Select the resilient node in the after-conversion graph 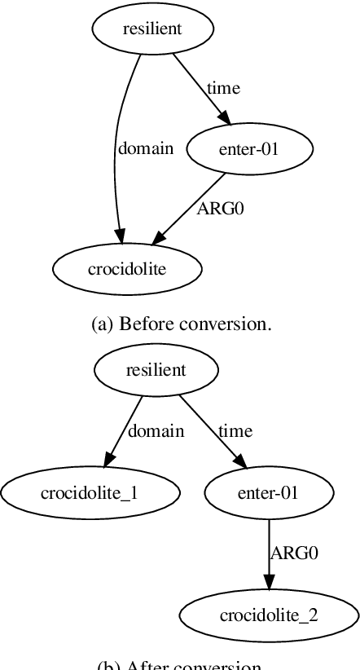(x=156, y=370)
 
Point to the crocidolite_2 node (x=268, y=615)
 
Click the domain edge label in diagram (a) (x=146, y=148)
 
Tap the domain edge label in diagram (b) (x=156, y=430)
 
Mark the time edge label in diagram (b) (x=235, y=430)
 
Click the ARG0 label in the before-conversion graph (x=220, y=208)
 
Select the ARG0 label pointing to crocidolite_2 (x=293, y=553)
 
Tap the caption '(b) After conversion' (x=180, y=664)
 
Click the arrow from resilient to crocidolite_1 (x=124, y=432)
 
